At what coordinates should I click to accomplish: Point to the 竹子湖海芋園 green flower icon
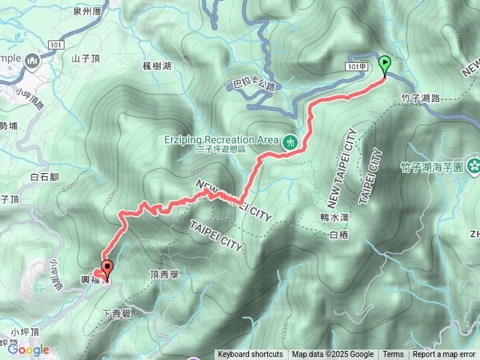pyautogui.click(x=474, y=165)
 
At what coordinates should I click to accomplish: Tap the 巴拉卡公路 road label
pyautogui.click(x=250, y=85)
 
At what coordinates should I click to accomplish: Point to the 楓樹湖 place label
pyautogui.click(x=157, y=66)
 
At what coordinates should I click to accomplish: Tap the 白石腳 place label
pyautogui.click(x=45, y=177)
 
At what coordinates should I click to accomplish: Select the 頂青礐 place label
pyautogui.click(x=165, y=275)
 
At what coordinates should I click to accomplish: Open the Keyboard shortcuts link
pyautogui.click(x=250, y=355)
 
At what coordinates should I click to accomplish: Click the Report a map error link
pyautogui.click(x=445, y=355)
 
